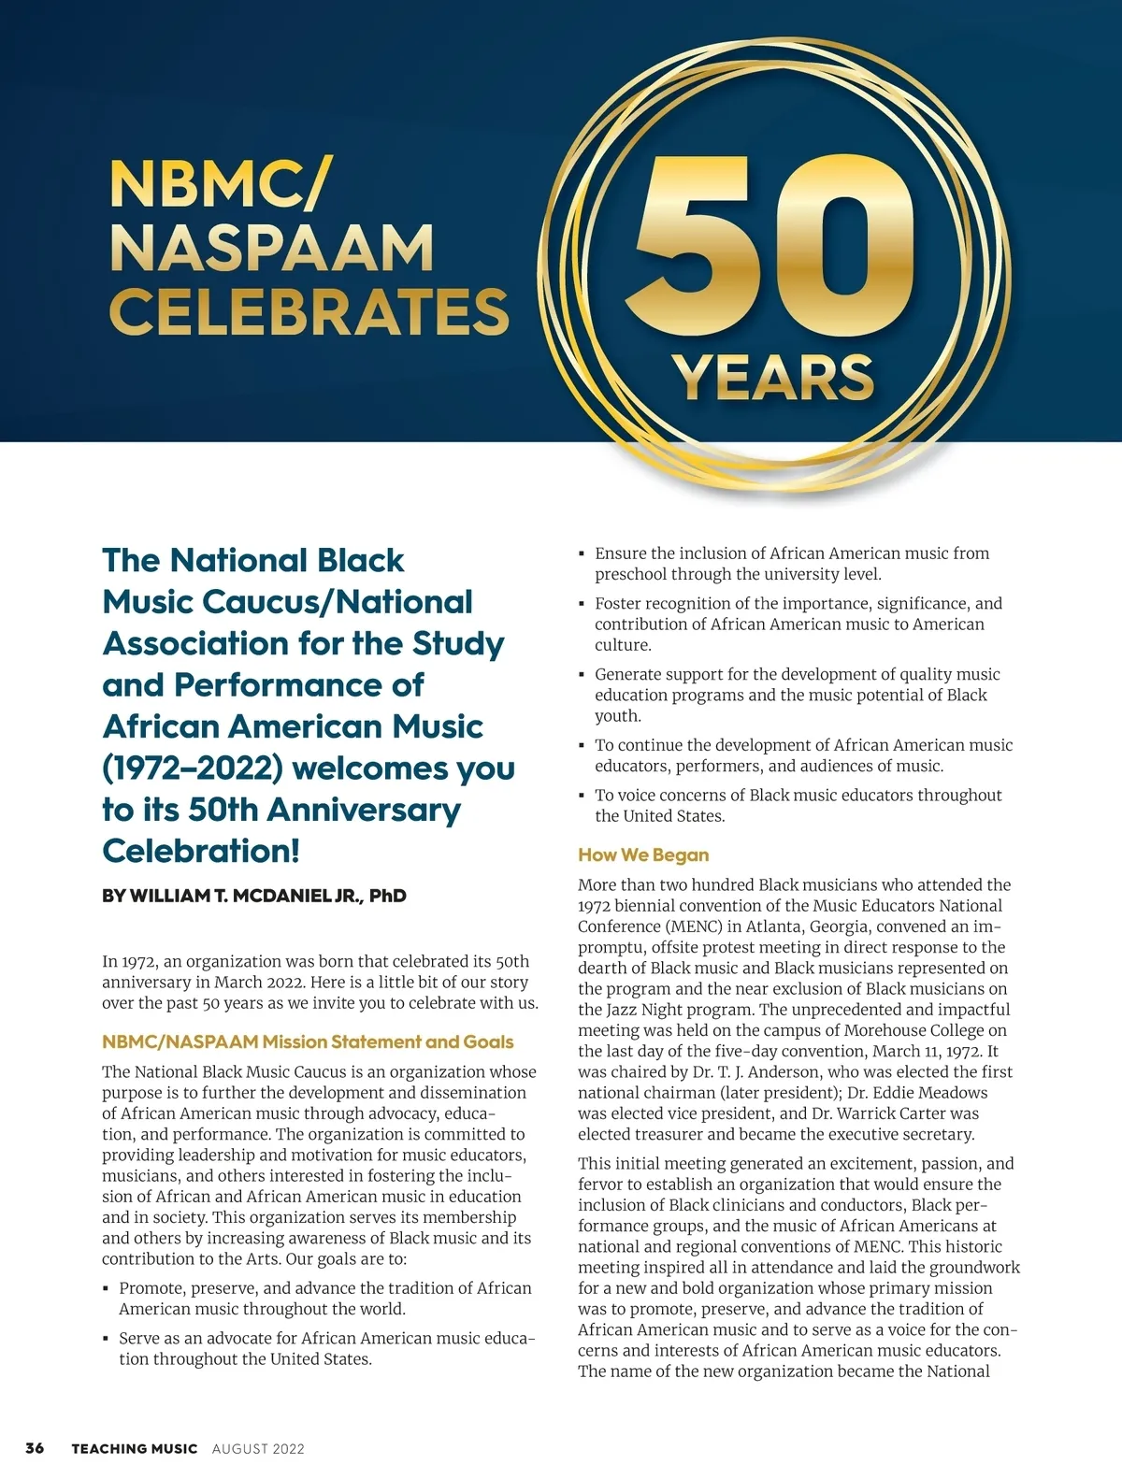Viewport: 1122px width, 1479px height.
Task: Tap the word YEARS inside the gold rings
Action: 772,378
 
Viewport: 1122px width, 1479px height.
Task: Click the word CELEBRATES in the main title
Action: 309,311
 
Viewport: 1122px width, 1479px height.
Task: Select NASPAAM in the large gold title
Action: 271,248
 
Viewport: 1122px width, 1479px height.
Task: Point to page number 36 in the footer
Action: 35,1448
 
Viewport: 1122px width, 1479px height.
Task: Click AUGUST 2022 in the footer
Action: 258,1449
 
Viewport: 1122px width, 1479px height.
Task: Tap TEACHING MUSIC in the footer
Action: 135,1449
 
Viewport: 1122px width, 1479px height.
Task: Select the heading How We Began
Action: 643,854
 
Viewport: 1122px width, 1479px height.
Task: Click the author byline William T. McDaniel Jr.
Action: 254,896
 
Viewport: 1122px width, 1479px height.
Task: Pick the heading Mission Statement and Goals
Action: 308,1041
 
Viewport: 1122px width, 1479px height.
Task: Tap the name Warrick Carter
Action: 907,1113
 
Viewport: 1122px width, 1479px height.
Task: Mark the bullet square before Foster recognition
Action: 582,605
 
